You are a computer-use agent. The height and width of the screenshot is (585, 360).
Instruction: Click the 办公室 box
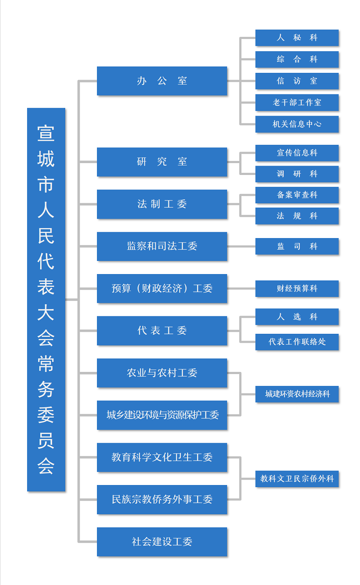[162, 81]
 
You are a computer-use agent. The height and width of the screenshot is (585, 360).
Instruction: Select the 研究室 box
[162, 162]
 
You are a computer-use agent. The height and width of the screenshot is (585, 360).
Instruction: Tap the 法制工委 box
[162, 204]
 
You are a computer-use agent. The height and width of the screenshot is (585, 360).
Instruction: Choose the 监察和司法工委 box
[162, 246]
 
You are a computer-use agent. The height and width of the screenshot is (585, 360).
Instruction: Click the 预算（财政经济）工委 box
[162, 288]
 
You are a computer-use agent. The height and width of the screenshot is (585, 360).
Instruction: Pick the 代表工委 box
[162, 331]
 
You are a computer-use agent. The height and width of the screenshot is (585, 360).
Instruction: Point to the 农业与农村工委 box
[162, 373]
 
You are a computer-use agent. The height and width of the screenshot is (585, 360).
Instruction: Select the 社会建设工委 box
[162, 542]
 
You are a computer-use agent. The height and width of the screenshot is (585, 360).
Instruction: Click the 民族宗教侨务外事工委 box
[162, 499]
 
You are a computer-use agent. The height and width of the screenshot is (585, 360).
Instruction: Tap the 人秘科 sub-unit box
[297, 38]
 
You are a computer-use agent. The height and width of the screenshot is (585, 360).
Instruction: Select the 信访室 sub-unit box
[297, 81]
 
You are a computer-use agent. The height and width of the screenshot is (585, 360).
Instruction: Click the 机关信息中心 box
[297, 124]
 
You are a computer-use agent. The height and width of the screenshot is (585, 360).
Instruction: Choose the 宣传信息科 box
[297, 153]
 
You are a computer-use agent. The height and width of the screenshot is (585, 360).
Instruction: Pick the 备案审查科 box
[297, 195]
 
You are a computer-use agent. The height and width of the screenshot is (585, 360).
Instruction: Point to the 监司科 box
[297, 246]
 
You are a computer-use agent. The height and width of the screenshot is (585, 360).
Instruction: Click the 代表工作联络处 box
[297, 342]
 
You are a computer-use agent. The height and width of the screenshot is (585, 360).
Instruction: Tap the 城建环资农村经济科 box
[297, 394]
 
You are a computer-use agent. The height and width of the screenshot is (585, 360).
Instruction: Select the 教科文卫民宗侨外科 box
[297, 479]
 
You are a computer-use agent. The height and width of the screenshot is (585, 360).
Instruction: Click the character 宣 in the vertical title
[46, 133]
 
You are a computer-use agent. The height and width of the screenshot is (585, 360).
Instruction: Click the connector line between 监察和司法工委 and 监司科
[241, 246]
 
